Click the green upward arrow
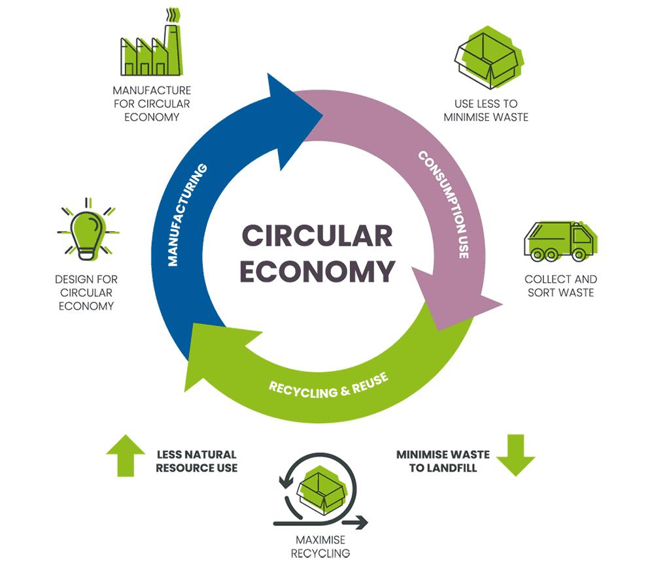126,455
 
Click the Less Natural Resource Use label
196,461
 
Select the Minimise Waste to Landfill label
442,461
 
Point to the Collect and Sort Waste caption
560,286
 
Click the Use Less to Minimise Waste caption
486,110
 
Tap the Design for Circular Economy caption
86,293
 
